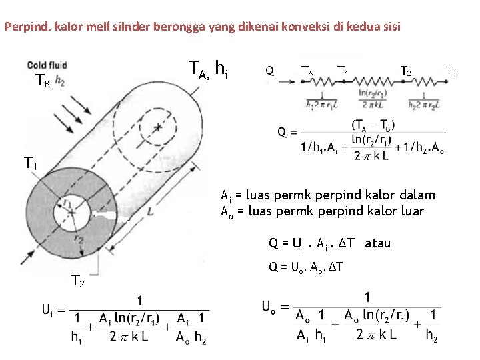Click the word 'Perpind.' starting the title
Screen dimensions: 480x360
pyautogui.click(x=24, y=27)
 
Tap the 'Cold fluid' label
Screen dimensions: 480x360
pyautogui.click(x=47, y=65)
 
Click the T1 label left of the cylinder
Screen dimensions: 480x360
pyautogui.click(x=31, y=162)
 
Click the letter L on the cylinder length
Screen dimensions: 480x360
pyautogui.click(x=151, y=211)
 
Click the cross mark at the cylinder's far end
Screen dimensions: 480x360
pyautogui.click(x=158, y=126)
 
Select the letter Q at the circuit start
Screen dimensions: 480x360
pyautogui.click(x=269, y=70)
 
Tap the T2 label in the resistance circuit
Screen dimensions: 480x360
pyautogui.click(x=405, y=70)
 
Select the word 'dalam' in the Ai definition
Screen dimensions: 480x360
pyautogui.click(x=419, y=195)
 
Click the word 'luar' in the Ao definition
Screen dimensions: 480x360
pyautogui.click(x=410, y=211)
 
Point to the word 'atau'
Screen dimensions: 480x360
pyautogui.click(x=378, y=243)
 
